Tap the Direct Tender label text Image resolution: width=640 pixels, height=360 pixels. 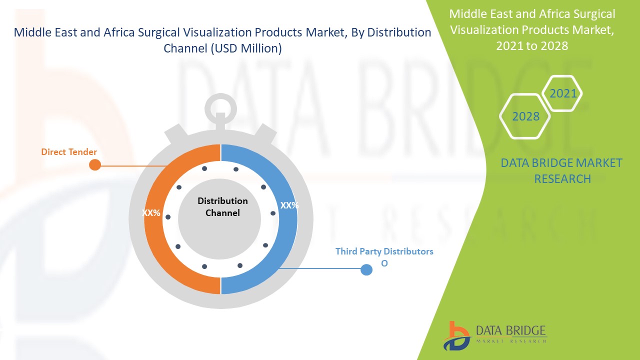(x=69, y=151)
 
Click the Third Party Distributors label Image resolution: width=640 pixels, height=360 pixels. (x=384, y=251)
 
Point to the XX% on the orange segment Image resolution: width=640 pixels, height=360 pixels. (x=151, y=213)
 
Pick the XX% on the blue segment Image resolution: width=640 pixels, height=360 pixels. (x=289, y=205)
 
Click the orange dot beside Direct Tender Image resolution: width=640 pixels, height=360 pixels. (x=94, y=164)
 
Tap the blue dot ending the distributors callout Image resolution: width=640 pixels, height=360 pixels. (x=366, y=270)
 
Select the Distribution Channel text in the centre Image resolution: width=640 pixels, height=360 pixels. (x=222, y=206)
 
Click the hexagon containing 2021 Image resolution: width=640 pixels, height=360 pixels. (x=563, y=93)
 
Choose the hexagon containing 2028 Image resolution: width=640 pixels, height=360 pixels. (x=525, y=116)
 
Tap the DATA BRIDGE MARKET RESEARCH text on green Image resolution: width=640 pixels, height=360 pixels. (x=562, y=170)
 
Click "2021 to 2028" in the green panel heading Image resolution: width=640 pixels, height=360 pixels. (x=532, y=45)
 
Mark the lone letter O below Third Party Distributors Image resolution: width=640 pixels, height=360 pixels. (x=384, y=263)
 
